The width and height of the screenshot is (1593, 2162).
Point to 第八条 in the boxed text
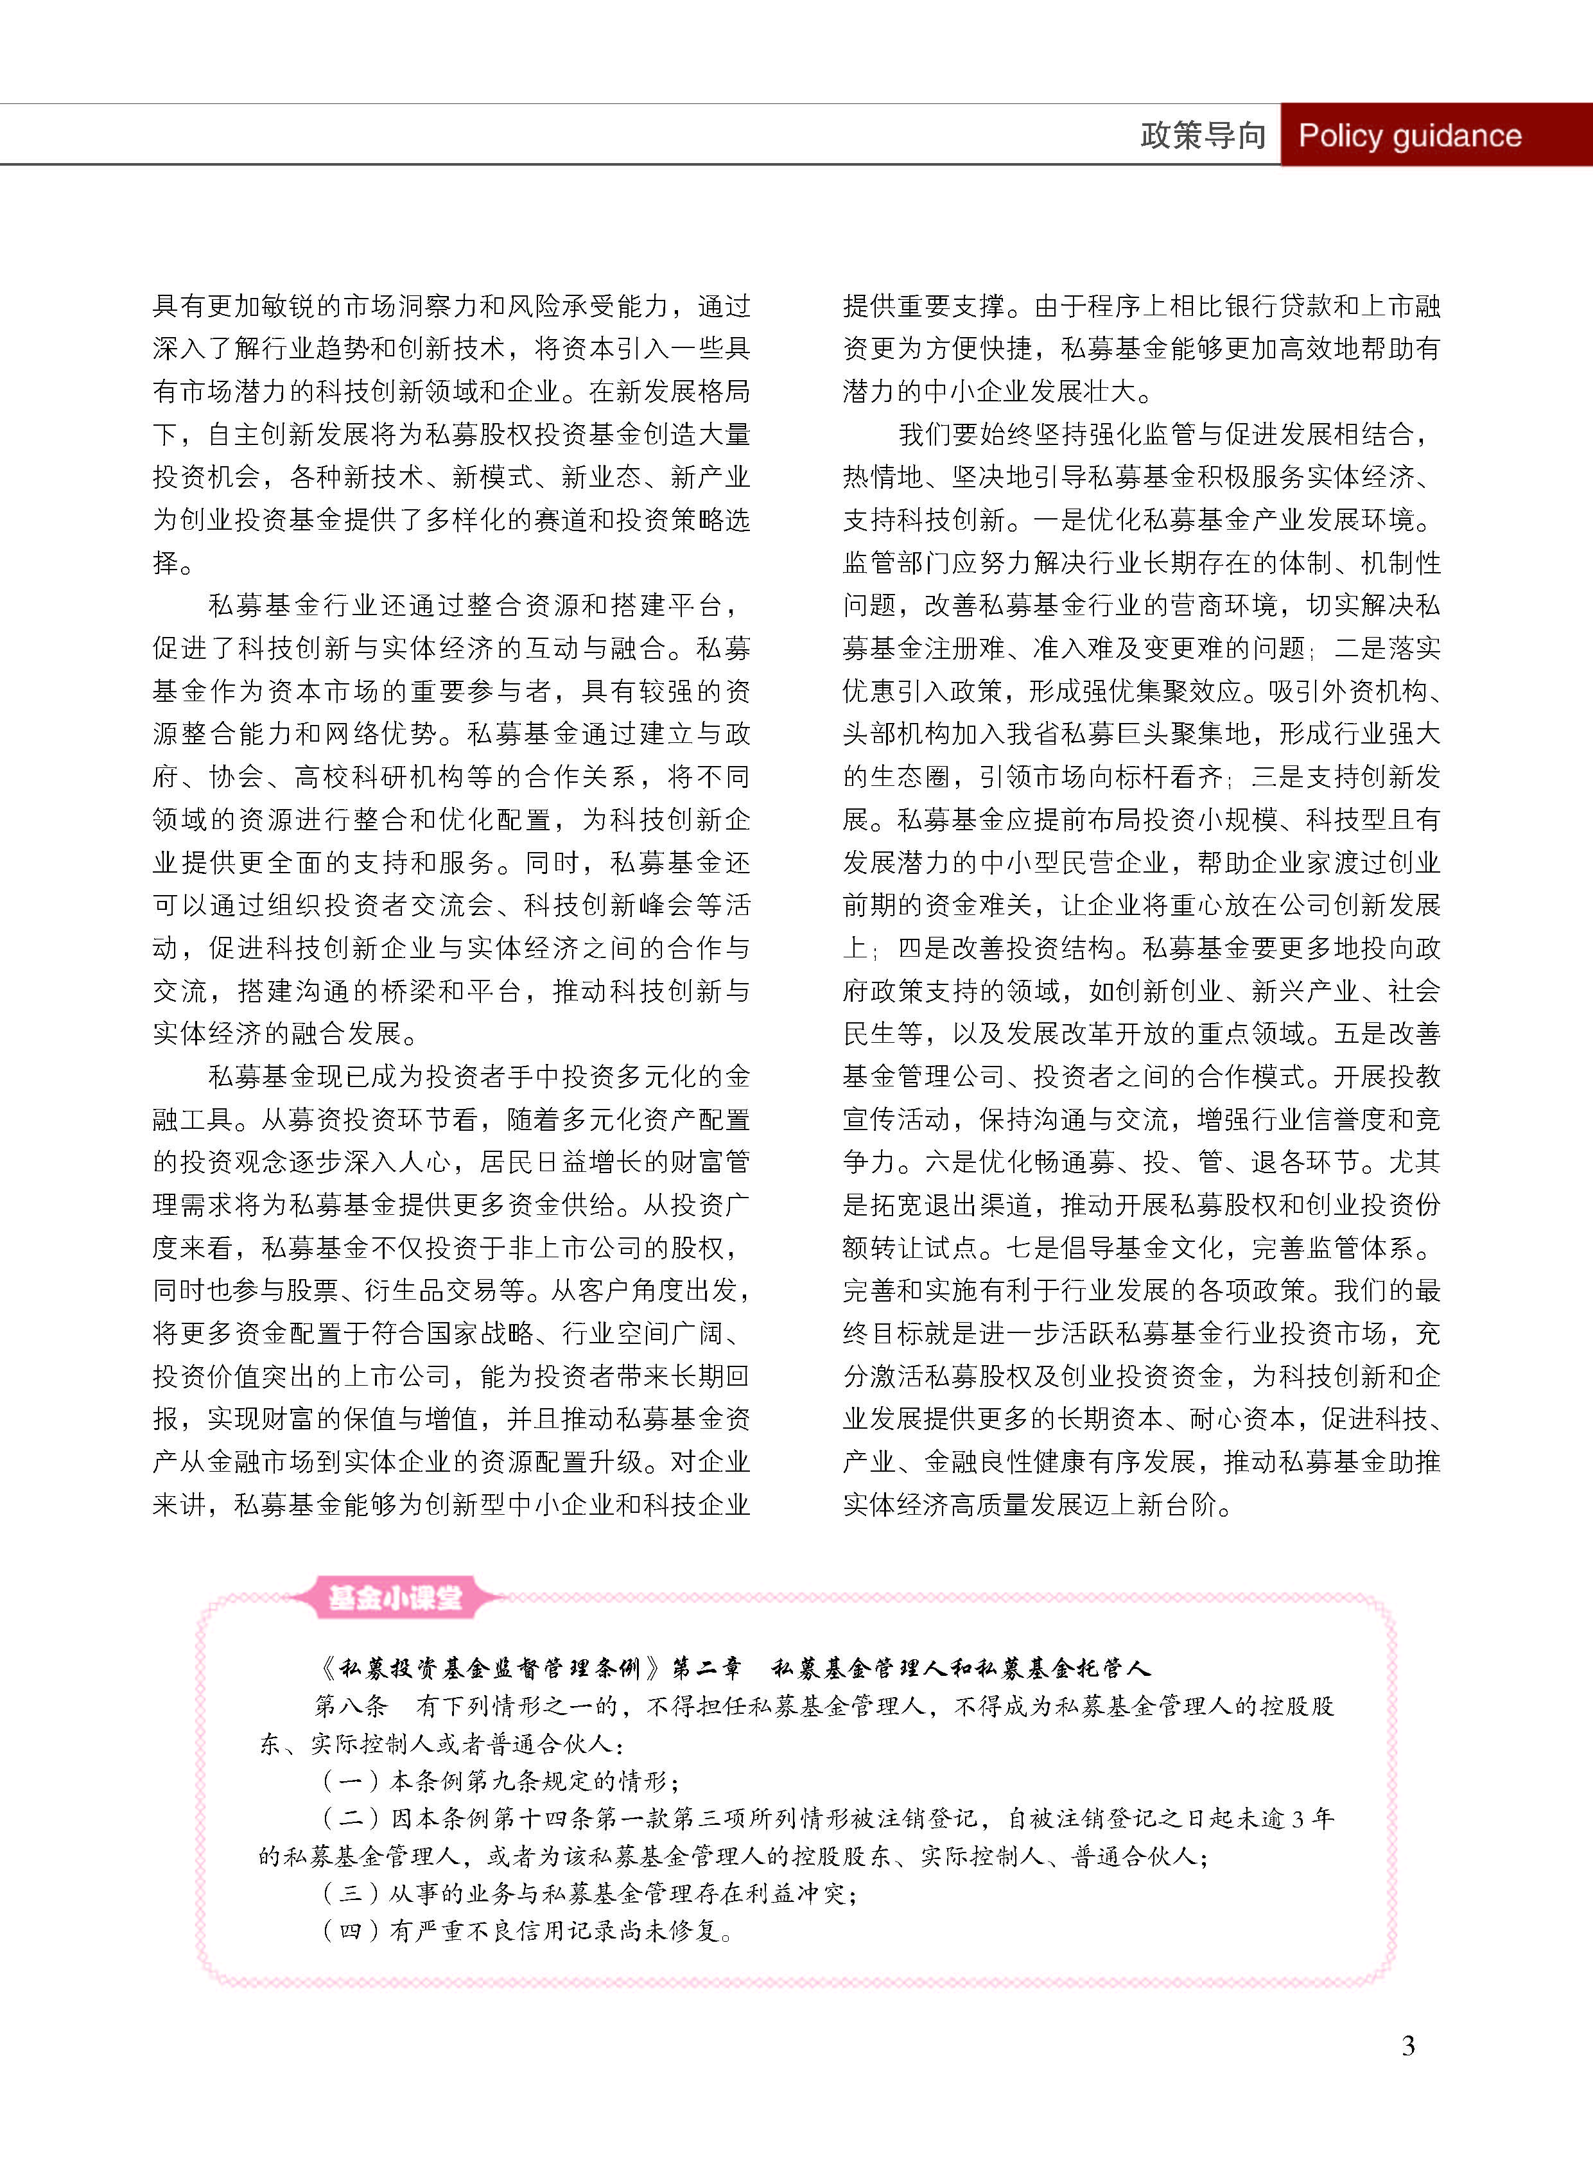click(x=352, y=1706)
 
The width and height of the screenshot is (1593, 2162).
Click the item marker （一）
click(x=351, y=1781)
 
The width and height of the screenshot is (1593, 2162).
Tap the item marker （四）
click(x=351, y=1931)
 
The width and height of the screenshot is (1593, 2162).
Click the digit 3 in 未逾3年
click(x=1297, y=1818)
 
